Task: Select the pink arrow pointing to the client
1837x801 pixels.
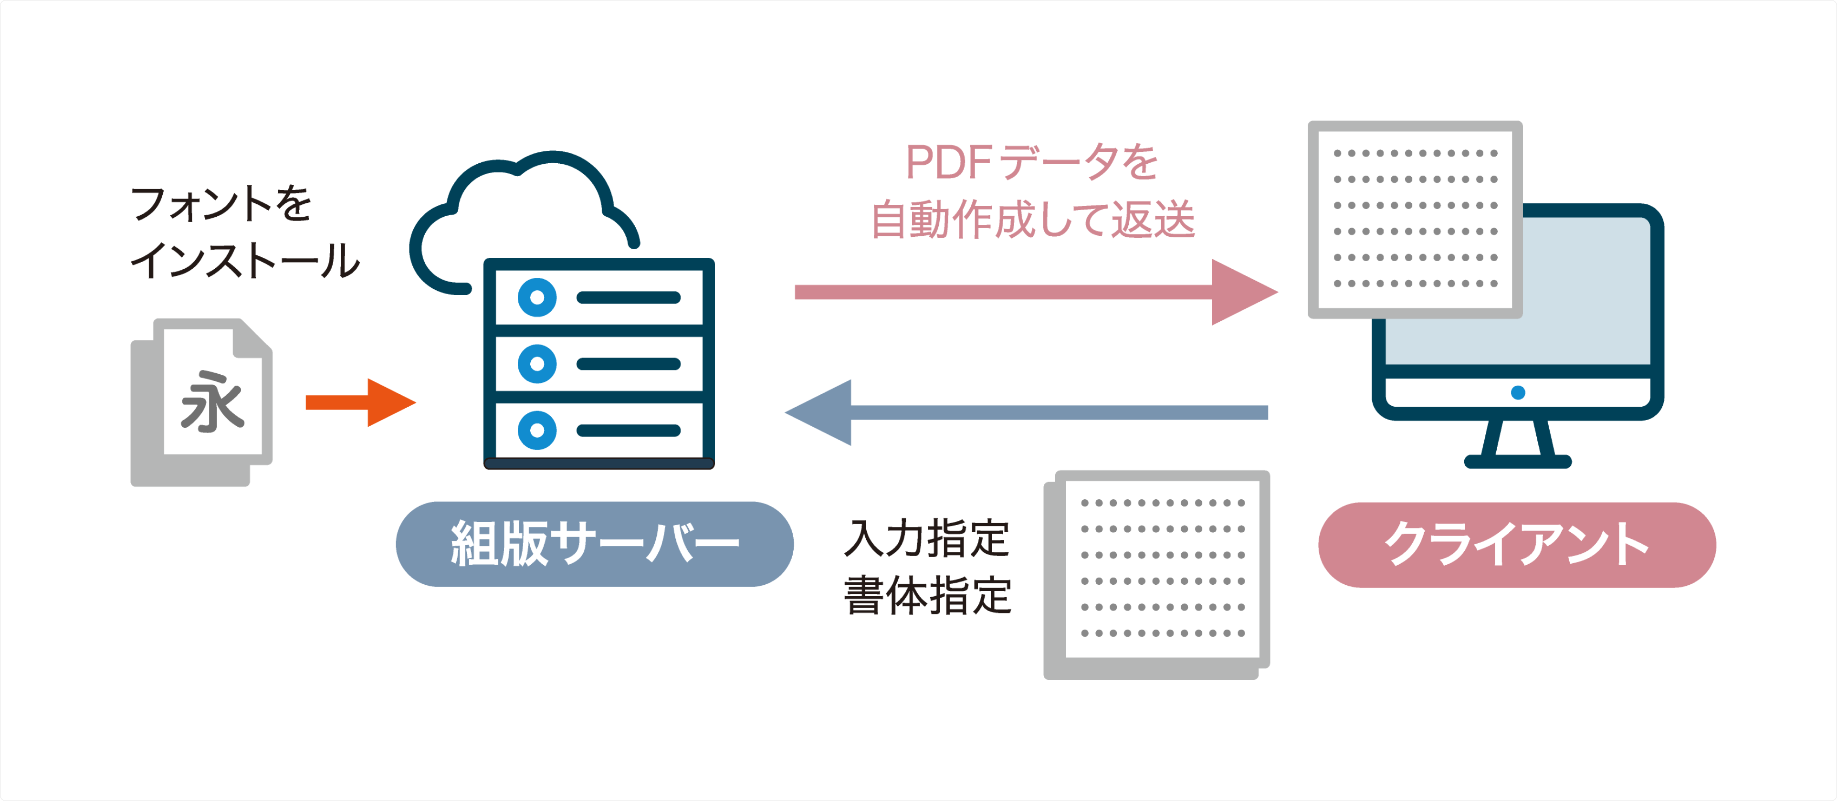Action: [x=1034, y=292]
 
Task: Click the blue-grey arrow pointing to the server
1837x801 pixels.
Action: [x=1027, y=412]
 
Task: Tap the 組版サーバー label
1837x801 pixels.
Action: [x=595, y=544]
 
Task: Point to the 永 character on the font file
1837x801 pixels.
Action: [x=212, y=402]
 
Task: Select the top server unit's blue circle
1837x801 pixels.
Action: [x=537, y=297]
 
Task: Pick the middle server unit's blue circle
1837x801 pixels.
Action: [x=537, y=364]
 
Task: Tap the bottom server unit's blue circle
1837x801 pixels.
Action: [x=537, y=430]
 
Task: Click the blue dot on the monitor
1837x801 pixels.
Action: [x=1518, y=392]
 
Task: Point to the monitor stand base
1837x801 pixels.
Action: [x=1518, y=462]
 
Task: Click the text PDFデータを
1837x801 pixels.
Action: [x=1031, y=163]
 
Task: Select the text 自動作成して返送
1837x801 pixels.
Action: [x=1033, y=219]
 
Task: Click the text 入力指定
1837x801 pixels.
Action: [x=926, y=538]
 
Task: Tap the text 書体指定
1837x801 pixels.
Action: [x=927, y=596]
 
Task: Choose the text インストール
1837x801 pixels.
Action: [x=245, y=260]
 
